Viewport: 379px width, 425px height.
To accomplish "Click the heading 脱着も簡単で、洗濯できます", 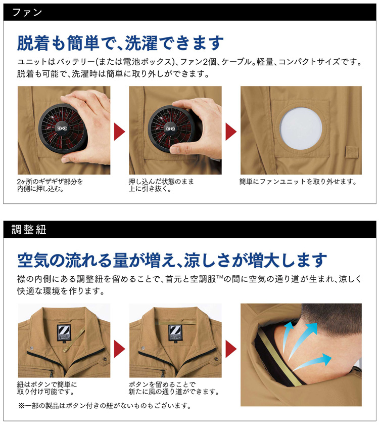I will pyautogui.click(x=120, y=42).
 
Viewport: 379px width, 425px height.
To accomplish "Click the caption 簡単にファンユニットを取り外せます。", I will pyautogui.click(x=298, y=181).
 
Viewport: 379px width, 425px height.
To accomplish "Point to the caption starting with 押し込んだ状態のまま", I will pyautogui.click(x=161, y=185).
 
